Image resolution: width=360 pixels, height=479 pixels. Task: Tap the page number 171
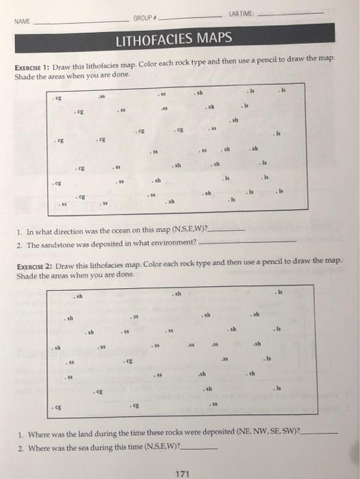pyautogui.click(x=183, y=471)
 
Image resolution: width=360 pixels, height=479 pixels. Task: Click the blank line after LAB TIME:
pyautogui.click(x=294, y=12)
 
